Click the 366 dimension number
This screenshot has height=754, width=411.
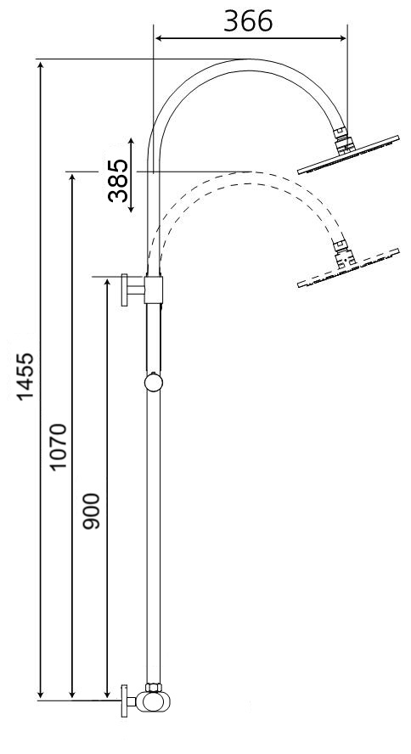coord(248,21)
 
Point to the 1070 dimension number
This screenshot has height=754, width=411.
coord(59,447)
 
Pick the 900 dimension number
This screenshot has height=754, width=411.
coord(93,510)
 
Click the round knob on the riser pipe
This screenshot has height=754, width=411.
coord(153,383)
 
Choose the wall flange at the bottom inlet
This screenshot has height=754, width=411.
coord(124,701)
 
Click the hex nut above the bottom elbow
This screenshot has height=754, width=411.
coord(154,687)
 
